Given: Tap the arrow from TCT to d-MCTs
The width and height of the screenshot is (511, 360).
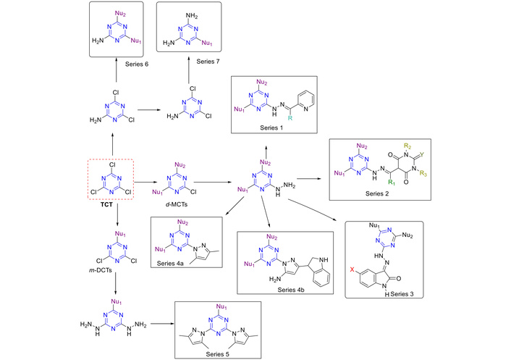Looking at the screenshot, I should pos(145,183).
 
